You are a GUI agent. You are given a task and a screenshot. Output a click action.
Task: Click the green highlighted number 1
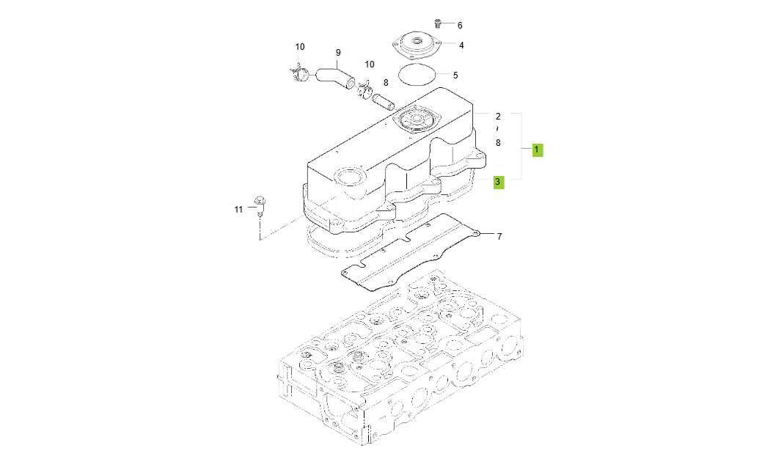click(x=537, y=150)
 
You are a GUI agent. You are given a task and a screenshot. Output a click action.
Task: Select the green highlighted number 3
click(x=498, y=181)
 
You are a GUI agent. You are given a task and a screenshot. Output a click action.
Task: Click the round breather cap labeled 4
click(x=420, y=46)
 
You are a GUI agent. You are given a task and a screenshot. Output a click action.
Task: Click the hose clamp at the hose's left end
click(x=298, y=73)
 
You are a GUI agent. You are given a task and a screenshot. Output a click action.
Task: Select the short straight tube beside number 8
click(x=383, y=98)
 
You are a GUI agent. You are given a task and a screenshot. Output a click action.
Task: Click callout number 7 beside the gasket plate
click(x=499, y=236)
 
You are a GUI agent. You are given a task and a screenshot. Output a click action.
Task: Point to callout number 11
click(x=238, y=210)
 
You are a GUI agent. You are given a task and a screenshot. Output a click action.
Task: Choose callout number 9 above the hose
click(x=338, y=53)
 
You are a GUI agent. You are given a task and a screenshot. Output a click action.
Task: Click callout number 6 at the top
click(x=460, y=26)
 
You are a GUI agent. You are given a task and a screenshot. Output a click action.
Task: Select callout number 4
click(x=461, y=45)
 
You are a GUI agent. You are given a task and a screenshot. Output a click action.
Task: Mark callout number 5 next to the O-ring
click(x=455, y=75)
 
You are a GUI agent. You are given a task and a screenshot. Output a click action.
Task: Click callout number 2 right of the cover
click(x=498, y=117)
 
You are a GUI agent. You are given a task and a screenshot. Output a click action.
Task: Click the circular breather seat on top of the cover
click(x=415, y=120)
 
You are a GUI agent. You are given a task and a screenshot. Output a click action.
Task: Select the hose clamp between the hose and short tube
click(x=364, y=89)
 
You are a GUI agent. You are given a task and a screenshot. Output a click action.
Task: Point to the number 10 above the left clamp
click(x=300, y=47)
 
